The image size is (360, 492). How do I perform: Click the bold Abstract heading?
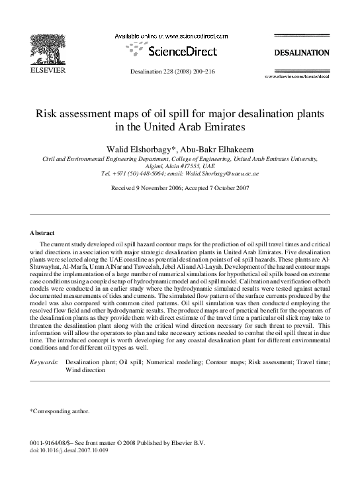coord(43,233)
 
